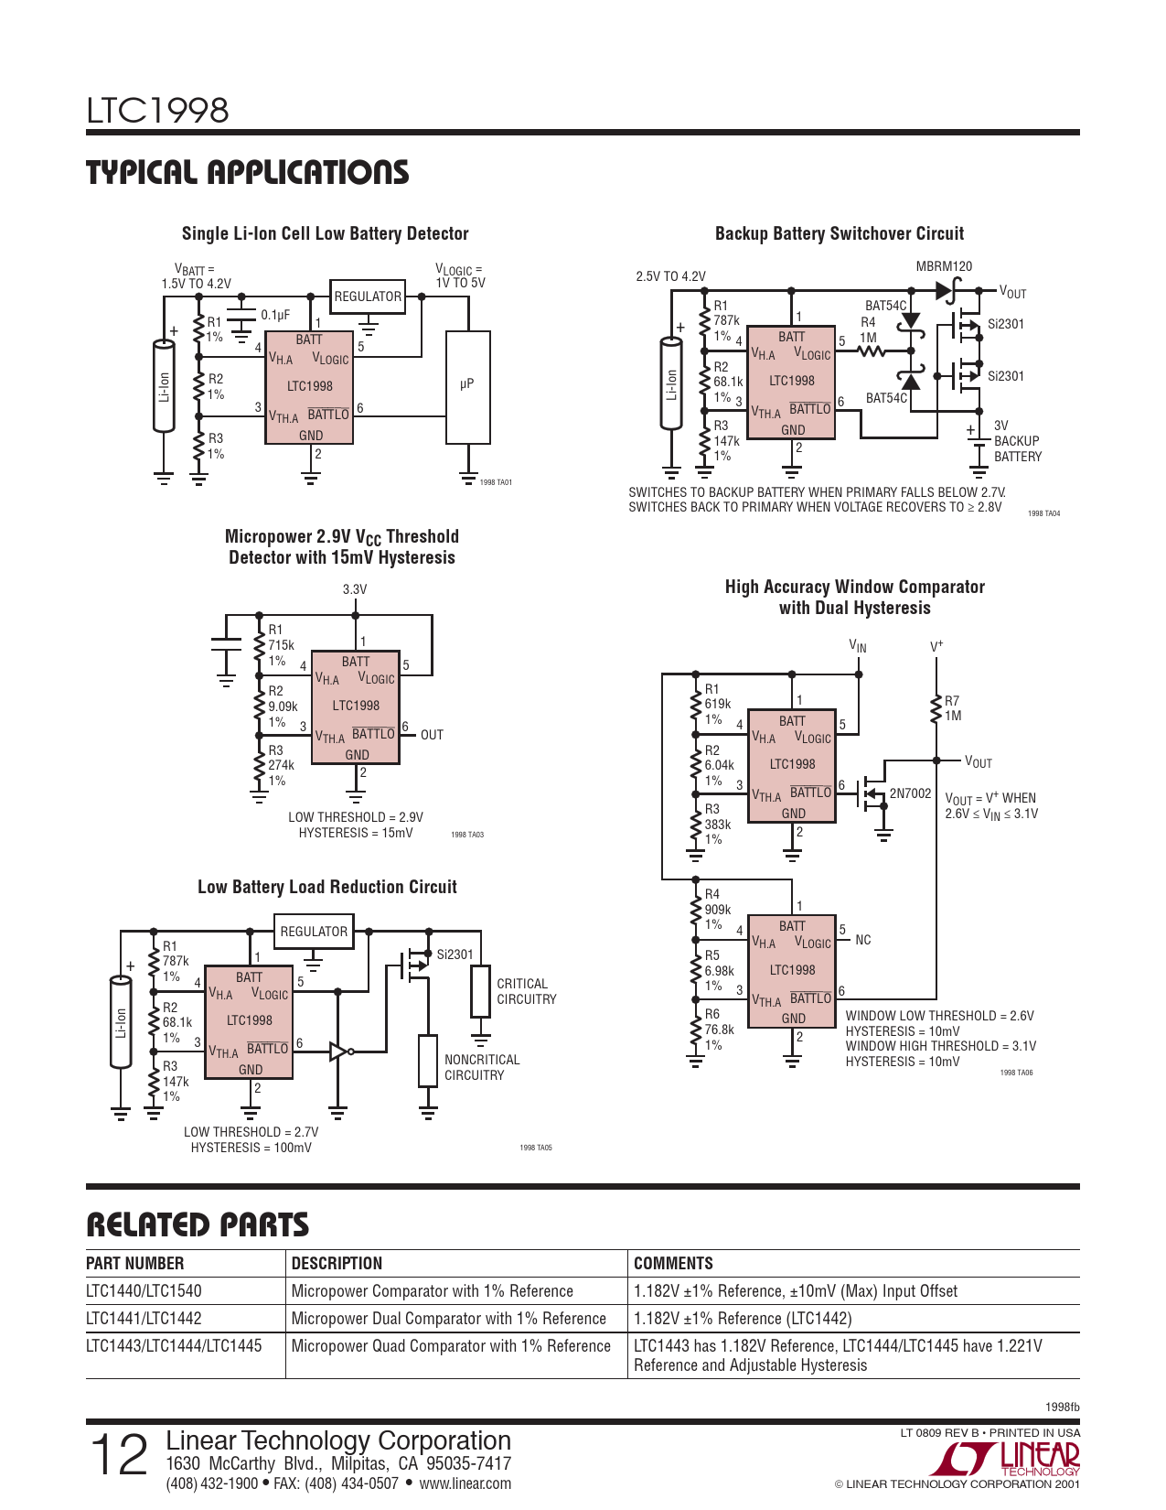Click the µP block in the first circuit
pos(467,387)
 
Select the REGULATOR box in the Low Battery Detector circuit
pos(368,297)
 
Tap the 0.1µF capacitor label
pos(275,316)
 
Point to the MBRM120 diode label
pos(944,266)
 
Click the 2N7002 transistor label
pos(910,793)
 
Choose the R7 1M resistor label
pos(953,708)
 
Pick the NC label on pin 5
pos(862,940)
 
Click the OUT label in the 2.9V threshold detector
pos(432,735)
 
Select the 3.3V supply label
pos(354,589)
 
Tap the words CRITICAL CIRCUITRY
pos(527,991)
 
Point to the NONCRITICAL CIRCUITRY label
pos(482,1067)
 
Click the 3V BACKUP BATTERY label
pos(1017,440)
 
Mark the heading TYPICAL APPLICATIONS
pos(247,172)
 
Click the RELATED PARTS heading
pos(198,1224)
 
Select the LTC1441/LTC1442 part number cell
pos(144,1318)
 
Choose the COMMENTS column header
pos(674,1263)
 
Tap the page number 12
pos(119,1455)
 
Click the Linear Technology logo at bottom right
pos(1006,1459)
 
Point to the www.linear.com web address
pos(465,1483)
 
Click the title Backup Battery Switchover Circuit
pos(840,233)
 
